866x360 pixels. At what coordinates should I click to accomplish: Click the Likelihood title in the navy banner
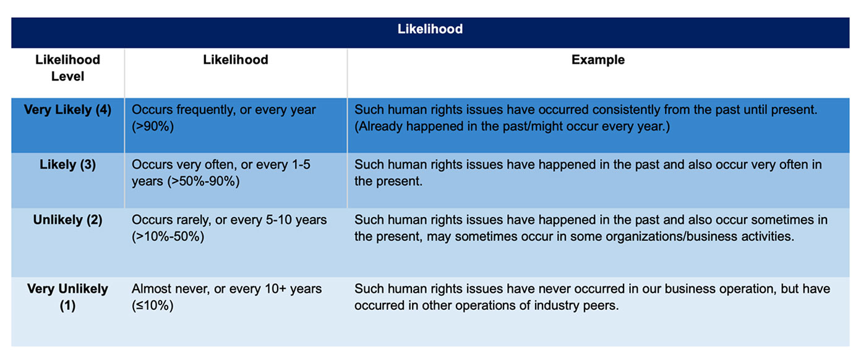coord(430,29)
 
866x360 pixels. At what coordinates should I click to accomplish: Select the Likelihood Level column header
coord(67,68)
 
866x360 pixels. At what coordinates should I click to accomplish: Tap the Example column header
coord(598,60)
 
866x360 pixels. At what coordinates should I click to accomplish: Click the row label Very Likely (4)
coord(67,110)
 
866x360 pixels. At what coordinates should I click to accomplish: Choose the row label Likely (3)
coord(67,165)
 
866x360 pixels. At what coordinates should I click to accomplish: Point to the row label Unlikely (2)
coord(67,220)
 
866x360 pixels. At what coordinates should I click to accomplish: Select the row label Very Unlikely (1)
coord(67,297)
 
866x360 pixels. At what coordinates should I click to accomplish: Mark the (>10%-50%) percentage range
coord(167,236)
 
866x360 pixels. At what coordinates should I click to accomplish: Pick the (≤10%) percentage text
coord(152,305)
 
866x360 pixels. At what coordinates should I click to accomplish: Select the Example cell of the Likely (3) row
coord(588,173)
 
